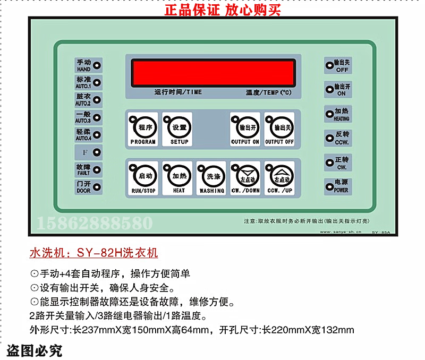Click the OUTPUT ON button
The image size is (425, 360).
click(245, 130)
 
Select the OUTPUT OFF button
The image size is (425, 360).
click(279, 130)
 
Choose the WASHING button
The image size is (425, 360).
click(212, 177)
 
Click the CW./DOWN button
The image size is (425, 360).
click(245, 177)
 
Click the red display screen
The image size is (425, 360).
click(213, 72)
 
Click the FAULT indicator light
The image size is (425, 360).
click(97, 170)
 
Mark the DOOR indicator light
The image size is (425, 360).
click(97, 187)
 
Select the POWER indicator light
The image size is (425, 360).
click(328, 186)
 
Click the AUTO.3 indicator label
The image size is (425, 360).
click(83, 117)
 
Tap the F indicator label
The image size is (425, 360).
click(84, 153)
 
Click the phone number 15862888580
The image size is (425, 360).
click(95, 222)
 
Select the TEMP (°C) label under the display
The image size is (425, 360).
click(269, 92)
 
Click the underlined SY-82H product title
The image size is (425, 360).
click(93, 253)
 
